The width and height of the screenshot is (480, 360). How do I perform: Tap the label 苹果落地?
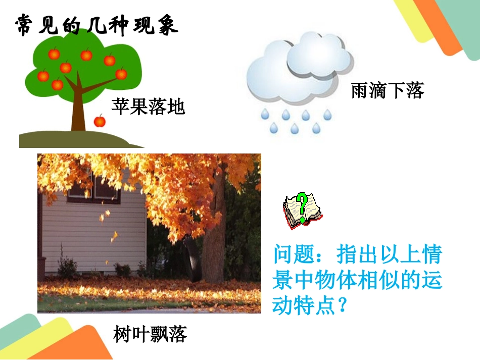pyautogui.click(x=148, y=107)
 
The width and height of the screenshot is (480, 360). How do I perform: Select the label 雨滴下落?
pyautogui.click(x=387, y=90)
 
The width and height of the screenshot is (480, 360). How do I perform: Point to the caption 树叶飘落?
pyautogui.click(x=150, y=334)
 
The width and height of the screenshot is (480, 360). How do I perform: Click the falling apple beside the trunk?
pyautogui.click(x=100, y=121)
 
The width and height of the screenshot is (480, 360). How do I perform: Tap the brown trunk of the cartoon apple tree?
pyautogui.click(x=78, y=111)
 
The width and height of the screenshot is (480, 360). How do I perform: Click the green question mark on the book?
pyautogui.click(x=302, y=206)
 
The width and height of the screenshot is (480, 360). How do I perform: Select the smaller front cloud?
pyautogui.click(x=319, y=57)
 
